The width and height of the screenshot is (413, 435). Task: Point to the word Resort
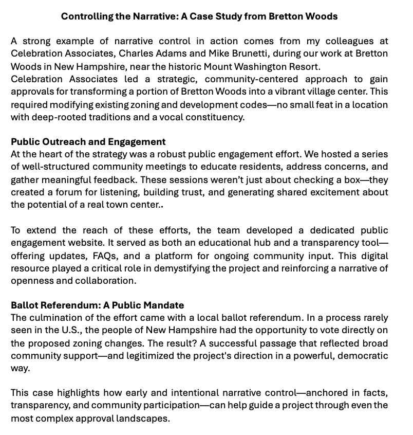tap(303, 66)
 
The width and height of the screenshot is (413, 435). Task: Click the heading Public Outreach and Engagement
tap(88, 142)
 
